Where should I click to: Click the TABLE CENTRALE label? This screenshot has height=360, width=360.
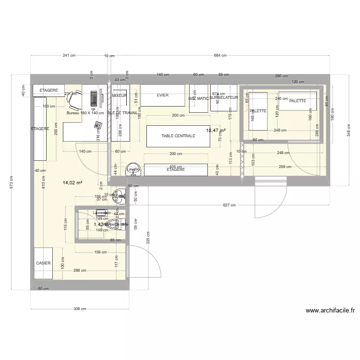178,136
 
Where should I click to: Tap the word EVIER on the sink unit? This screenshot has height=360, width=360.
163,95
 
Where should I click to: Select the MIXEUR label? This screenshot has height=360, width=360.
119,96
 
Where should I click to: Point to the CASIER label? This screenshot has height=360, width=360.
43,264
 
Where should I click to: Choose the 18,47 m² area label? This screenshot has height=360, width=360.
216,130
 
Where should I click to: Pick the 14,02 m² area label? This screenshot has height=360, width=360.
72,182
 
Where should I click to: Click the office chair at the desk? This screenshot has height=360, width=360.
72,99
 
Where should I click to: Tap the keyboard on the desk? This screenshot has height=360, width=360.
94,98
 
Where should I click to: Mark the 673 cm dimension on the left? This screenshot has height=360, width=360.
12,182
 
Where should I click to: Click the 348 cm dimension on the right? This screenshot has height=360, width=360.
348,128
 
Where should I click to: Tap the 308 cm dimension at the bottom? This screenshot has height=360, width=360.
79,309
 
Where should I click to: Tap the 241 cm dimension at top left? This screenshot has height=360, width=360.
69,56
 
